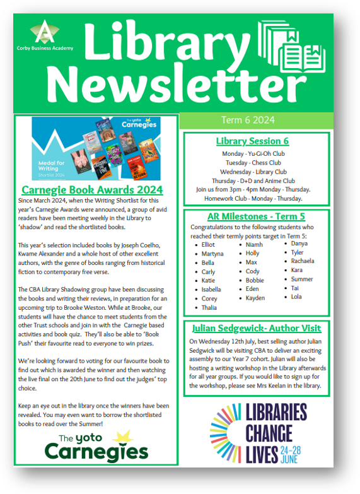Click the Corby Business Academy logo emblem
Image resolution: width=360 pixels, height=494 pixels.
pos(43,31)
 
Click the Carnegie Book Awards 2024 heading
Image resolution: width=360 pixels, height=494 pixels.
pos(92,189)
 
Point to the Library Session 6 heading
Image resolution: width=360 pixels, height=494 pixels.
pos(252,141)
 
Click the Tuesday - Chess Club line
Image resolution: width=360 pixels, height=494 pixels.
pos(253,162)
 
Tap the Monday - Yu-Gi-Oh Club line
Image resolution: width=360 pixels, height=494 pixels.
pos(253,153)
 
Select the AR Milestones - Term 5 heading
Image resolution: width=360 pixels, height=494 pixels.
pos(253,216)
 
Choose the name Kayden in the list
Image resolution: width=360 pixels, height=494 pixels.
pos(255,297)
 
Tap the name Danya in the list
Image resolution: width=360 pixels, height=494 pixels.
pos(299,242)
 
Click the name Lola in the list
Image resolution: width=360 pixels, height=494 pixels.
pos(297,296)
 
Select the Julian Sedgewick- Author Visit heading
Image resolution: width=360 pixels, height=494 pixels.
pos(255,328)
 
